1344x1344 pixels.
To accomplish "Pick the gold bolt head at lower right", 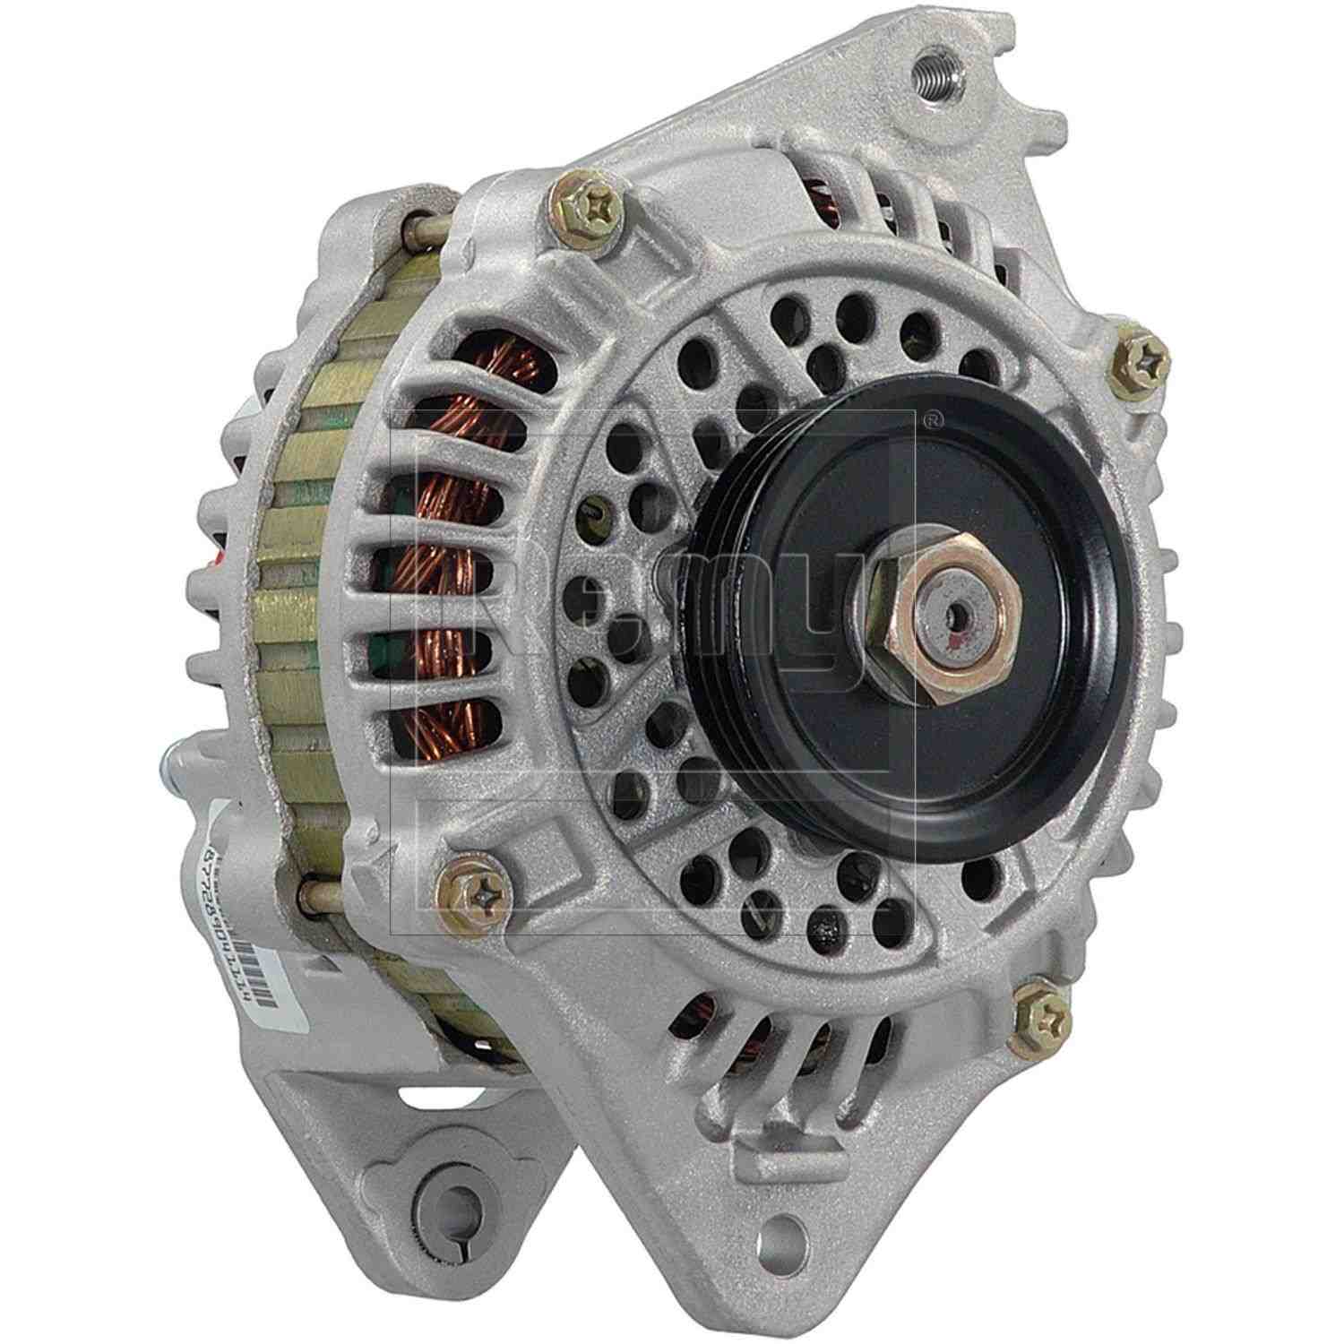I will [1039, 1020].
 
